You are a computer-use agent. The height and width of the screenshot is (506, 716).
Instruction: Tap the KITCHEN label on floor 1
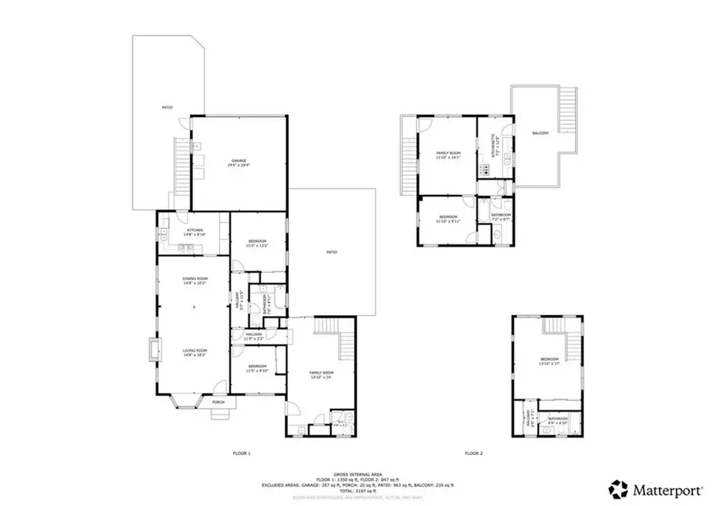[184, 232]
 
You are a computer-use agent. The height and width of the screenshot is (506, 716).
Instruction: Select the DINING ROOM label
[184, 280]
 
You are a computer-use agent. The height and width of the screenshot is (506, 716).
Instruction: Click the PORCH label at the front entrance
[218, 403]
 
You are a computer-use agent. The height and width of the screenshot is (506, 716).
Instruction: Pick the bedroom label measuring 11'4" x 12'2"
[257, 243]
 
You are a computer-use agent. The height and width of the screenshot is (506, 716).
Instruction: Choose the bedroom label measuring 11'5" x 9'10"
[257, 368]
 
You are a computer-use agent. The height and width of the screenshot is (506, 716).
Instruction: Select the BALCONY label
[540, 133]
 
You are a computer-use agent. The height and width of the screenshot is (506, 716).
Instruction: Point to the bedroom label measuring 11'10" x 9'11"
[449, 219]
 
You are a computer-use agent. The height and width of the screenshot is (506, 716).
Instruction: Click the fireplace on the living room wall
[152, 350]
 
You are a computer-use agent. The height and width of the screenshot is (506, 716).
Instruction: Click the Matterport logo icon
[617, 487]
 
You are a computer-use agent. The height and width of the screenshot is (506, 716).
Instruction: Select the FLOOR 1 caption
[241, 453]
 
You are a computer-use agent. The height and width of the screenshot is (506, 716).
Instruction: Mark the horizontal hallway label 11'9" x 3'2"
[255, 336]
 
